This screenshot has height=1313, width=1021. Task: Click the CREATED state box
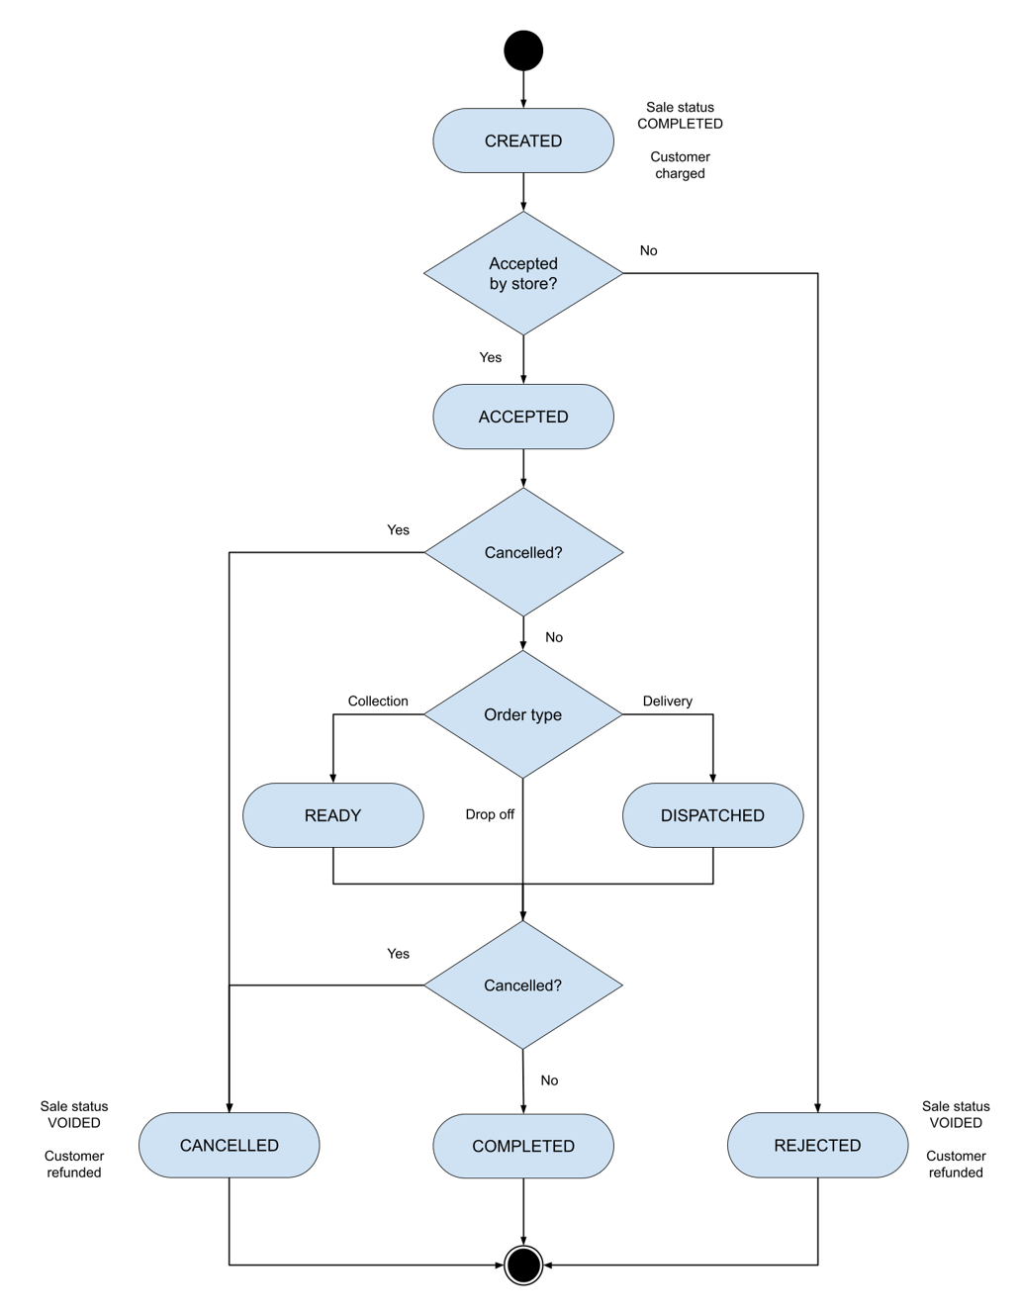click(x=522, y=141)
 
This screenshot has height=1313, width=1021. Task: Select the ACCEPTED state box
click(x=522, y=417)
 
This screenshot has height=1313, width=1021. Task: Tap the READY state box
click(x=332, y=815)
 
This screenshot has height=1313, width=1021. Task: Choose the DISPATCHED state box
click(x=712, y=815)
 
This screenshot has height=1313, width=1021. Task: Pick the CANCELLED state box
click(x=229, y=1145)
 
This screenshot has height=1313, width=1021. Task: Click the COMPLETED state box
click(x=522, y=1146)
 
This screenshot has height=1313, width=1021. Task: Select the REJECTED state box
click(x=817, y=1145)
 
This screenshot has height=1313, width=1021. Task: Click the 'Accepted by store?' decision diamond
click(x=522, y=273)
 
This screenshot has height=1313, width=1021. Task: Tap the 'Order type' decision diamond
click(x=522, y=714)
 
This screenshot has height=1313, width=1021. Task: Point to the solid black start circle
click(x=523, y=50)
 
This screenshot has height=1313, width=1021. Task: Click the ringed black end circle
click(x=523, y=1265)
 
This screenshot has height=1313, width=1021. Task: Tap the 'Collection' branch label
click(x=378, y=701)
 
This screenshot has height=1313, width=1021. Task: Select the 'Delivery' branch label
click(x=667, y=701)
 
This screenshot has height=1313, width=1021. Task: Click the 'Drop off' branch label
click(x=490, y=814)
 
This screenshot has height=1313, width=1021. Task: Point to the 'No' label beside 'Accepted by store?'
click(x=648, y=250)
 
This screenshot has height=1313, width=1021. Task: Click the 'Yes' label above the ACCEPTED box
click(x=490, y=357)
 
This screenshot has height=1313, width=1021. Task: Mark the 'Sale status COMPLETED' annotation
click(x=680, y=116)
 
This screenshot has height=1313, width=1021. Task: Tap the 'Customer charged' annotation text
click(x=680, y=165)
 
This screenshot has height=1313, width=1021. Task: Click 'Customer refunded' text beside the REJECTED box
click(x=955, y=1164)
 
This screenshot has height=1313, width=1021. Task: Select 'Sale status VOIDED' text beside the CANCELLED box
click(x=74, y=1114)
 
